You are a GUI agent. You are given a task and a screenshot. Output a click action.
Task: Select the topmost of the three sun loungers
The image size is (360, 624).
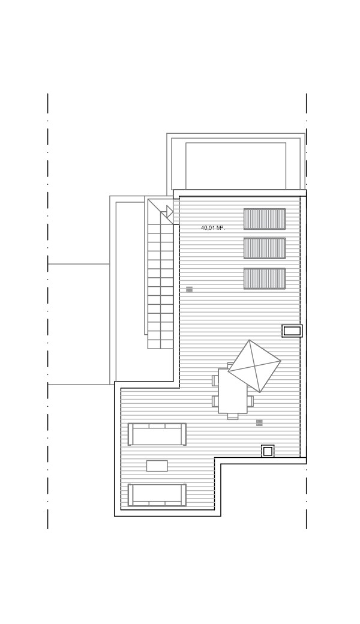tap(265, 219)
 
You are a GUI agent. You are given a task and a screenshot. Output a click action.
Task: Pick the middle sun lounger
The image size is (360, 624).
tap(265, 248)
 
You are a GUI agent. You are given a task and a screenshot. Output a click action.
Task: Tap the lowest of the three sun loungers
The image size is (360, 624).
tap(265, 278)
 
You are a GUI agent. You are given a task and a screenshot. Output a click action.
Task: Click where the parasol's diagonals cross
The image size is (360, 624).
tap(254, 366)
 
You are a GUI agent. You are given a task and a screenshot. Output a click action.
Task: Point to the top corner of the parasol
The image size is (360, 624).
tap(250, 340)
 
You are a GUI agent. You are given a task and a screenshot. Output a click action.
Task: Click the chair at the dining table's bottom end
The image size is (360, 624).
tap(233, 416)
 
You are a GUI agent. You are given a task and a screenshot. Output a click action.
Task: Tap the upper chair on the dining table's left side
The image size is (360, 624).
tap(215, 380)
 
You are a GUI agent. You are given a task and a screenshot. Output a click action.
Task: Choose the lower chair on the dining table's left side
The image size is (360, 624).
tap(215, 401)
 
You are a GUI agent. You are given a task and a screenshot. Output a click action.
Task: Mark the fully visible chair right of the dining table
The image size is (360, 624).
tap(251, 401)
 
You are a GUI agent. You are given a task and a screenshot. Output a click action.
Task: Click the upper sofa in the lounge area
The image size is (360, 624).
tap(157, 434)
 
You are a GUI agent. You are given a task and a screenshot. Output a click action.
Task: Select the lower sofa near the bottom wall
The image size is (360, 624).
tap(157, 495)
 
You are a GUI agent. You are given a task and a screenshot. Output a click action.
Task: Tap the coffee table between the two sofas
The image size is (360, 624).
tap(157, 466)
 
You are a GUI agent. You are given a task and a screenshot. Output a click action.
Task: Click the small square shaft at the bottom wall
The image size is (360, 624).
tap(268, 451)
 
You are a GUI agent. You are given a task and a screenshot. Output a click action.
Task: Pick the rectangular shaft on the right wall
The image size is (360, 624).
tap(292, 331)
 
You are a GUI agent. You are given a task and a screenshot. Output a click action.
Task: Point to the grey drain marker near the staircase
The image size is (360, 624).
tap(190, 289)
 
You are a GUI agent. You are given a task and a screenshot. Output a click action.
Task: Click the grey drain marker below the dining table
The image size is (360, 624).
tap(259, 422)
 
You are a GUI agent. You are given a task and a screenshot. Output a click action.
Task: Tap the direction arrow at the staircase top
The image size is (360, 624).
tap(170, 212)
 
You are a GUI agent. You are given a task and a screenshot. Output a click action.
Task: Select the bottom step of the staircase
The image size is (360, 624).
tap(161, 344)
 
